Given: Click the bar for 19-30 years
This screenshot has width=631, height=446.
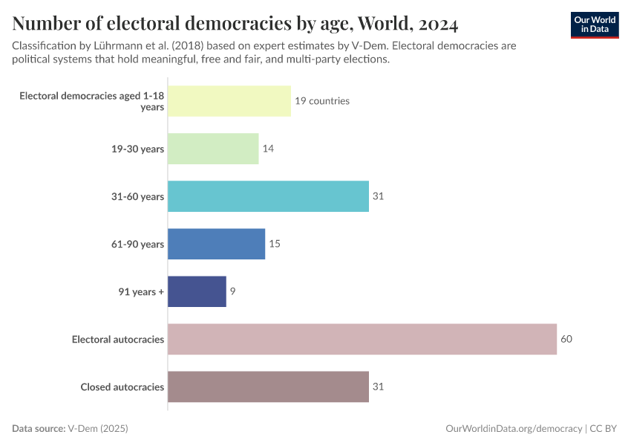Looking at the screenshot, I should point(213,149).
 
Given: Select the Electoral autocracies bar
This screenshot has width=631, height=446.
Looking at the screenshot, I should point(362,339).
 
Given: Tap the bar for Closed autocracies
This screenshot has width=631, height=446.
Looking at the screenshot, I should point(268,387).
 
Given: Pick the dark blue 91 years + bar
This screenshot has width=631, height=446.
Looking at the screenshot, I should point(197,291).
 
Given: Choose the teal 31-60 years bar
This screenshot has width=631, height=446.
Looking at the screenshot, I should point(268,196).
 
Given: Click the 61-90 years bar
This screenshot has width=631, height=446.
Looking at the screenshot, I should point(216,244).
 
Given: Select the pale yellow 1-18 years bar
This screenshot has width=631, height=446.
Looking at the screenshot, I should point(229,101).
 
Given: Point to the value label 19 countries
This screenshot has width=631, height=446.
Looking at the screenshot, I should point(321,101).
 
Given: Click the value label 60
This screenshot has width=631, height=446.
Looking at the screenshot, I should point(566,339).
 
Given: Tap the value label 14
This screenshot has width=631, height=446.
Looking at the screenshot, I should point(268,149).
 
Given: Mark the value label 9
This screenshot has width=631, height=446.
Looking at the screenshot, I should point(232,291).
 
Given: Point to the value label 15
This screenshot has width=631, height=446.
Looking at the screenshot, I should point(275,244).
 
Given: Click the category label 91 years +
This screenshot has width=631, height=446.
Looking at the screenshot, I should point(140,292).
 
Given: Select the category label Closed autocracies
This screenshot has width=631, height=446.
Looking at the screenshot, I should point(122,387).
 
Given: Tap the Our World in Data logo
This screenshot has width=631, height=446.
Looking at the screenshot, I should point(594,25).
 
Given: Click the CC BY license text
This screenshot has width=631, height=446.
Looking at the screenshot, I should point(604,429).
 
